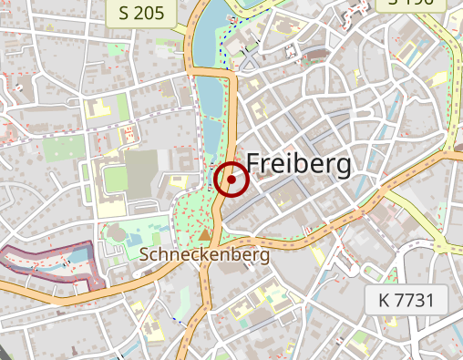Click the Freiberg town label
click(298, 164)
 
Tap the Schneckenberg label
click(205, 256)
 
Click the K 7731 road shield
click(406, 298)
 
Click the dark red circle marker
click(232, 180)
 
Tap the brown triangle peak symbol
click(204, 238)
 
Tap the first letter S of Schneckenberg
click(146, 256)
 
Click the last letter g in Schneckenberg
click(264, 259)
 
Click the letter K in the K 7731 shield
click(382, 298)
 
